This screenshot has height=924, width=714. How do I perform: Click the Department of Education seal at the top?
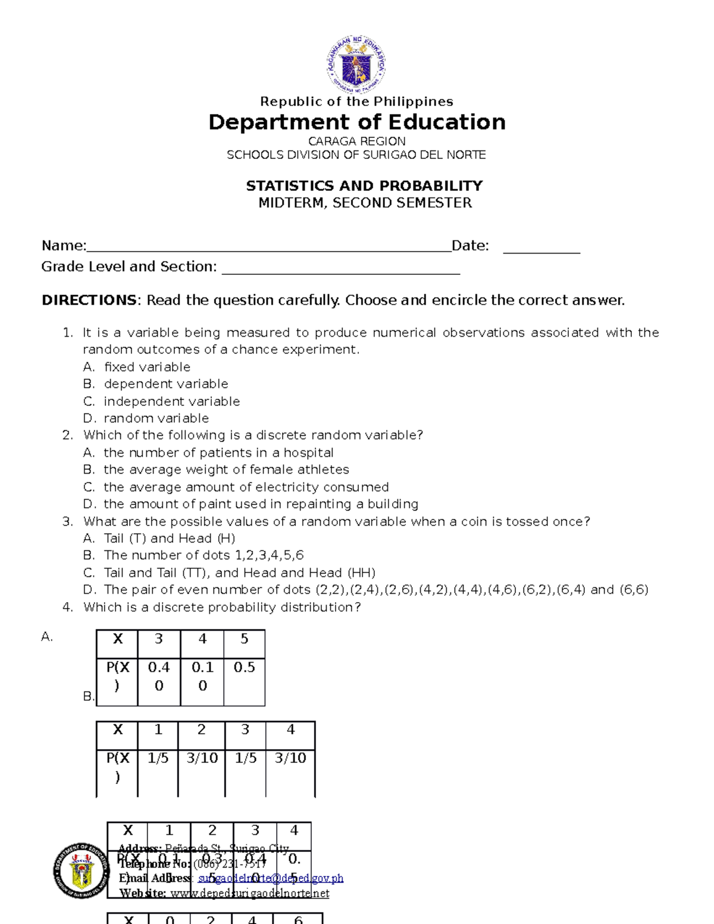356,64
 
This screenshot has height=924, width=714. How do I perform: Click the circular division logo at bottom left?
82,870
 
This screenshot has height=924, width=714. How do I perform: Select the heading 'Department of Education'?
356,122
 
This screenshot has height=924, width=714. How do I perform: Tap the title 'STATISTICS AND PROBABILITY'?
364,186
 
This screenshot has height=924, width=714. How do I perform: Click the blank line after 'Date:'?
541,246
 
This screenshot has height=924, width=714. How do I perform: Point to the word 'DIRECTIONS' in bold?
89,300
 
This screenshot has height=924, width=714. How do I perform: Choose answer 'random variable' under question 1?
156,418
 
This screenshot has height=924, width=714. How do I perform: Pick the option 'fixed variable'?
147,367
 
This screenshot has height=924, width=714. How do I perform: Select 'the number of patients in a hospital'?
218,453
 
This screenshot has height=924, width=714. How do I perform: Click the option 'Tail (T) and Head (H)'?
170,538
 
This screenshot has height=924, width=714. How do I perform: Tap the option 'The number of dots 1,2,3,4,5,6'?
203,555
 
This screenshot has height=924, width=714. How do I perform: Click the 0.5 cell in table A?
244,668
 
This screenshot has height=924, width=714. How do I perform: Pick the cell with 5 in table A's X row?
244,640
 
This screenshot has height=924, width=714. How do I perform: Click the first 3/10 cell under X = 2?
202,758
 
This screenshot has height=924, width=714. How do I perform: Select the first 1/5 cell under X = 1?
158,758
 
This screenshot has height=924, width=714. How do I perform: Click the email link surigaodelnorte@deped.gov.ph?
271,878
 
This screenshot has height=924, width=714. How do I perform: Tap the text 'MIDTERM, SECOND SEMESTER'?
365,203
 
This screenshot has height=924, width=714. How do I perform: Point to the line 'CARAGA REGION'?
356,141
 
